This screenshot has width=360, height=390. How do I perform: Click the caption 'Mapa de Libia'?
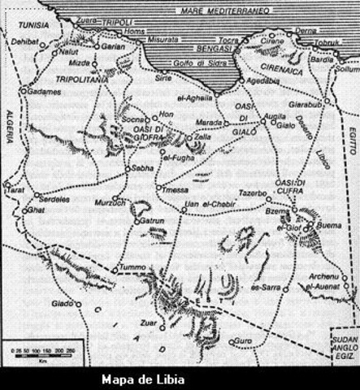click(x=142, y=379)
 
